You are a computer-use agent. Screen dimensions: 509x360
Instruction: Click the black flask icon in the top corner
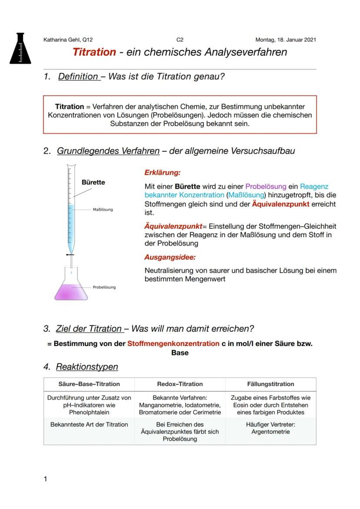[x=20, y=48]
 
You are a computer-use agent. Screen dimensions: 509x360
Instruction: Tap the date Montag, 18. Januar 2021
[x=286, y=40]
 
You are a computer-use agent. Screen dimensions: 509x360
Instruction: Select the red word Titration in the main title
[x=94, y=53]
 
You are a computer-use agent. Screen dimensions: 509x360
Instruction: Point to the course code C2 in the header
[x=180, y=40]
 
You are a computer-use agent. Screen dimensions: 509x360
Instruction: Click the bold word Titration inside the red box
[x=70, y=106]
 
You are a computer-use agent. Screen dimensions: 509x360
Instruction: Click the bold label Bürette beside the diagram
[x=93, y=182]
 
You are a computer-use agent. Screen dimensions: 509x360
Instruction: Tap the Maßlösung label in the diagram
[x=103, y=210]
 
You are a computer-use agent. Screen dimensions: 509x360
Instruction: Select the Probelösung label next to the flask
[x=104, y=287]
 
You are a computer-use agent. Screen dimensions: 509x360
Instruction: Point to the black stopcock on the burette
[x=69, y=254]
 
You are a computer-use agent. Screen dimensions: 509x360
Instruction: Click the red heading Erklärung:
[x=162, y=173]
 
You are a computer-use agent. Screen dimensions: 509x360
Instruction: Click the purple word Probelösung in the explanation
[x=266, y=186]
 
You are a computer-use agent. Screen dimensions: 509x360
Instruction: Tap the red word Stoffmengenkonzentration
[x=173, y=343]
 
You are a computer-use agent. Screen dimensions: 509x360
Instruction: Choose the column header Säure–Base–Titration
[x=89, y=384]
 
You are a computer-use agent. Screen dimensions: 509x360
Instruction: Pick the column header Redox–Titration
[x=180, y=384]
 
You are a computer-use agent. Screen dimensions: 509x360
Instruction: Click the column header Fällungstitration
[x=270, y=384]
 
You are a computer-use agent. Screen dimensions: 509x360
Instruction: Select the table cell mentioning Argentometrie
[x=270, y=428]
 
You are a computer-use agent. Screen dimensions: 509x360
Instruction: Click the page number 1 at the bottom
[x=46, y=479]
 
